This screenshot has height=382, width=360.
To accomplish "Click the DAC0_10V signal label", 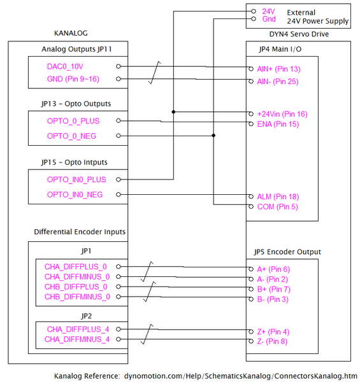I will [65, 66].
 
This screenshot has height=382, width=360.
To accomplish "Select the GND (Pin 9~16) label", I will [73, 79].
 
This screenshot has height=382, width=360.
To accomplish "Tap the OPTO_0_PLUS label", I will [73, 121].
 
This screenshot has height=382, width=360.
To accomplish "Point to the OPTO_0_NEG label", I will [72, 136].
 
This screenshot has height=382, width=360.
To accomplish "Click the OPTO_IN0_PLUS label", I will [76, 180].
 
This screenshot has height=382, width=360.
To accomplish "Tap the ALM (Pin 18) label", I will [277, 197].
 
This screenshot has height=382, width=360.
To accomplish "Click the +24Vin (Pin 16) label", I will [282, 114].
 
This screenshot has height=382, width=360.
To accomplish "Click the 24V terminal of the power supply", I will [268, 11].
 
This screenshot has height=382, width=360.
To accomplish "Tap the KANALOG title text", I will [71, 33].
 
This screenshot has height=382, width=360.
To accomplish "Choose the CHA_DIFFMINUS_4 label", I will [77, 339].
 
